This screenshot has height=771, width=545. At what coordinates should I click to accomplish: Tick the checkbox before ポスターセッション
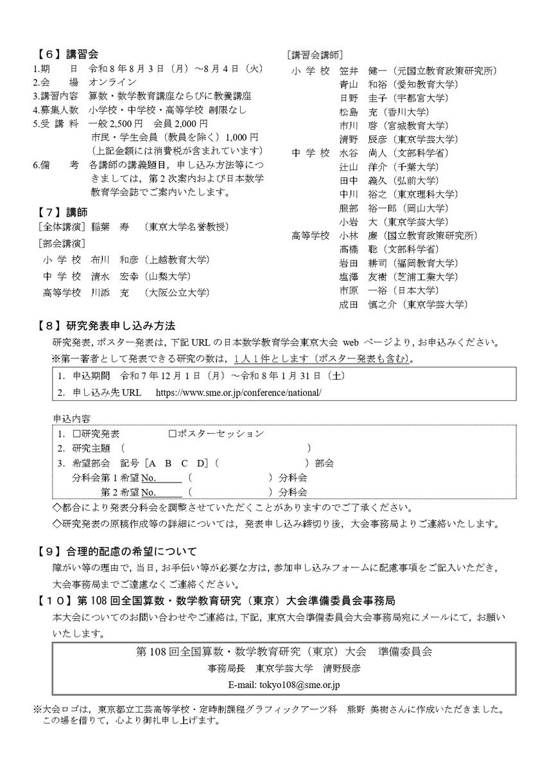point(172,434)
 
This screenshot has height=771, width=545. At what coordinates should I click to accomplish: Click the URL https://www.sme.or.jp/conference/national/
point(238,392)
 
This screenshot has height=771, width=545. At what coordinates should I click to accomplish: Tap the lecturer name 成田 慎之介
point(367,305)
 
